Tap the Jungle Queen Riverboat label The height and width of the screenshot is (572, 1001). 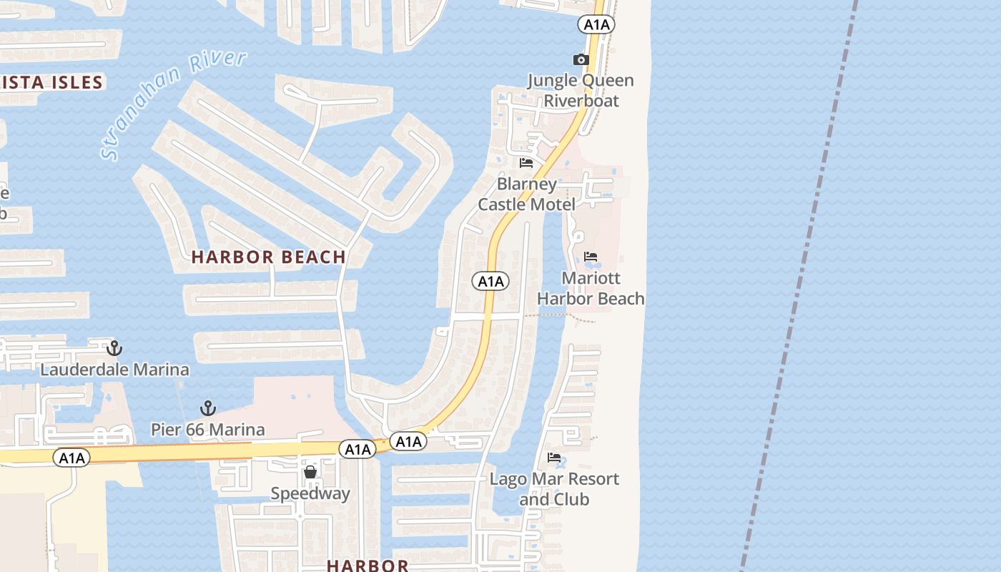tap(581, 90)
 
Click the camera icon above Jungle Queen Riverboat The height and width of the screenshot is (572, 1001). tap(581, 59)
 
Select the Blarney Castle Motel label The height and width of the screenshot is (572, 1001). tap(527, 194)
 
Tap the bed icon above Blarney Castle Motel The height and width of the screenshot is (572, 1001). tap(526, 163)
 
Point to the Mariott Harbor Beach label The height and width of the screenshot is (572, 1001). tap(591, 288)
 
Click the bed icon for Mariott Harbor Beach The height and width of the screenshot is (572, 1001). tap(591, 257)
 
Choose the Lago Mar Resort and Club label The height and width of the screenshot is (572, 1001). tap(554, 489)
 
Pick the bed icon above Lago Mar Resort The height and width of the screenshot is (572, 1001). tap(554, 458)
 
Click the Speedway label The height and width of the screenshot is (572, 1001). tap(310, 493)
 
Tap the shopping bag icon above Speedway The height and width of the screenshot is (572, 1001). tap(310, 472)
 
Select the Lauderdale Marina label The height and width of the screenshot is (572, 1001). tap(114, 370)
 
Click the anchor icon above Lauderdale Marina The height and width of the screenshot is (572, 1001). tap(114, 348)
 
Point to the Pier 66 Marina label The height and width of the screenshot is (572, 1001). tap(208, 430)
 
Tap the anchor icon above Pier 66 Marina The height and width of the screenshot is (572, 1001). tap(208, 408)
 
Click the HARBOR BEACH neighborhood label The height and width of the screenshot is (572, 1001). tap(269, 257)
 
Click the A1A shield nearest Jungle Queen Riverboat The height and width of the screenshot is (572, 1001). tap(596, 25)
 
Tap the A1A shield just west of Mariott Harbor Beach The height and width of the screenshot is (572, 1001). tap(490, 282)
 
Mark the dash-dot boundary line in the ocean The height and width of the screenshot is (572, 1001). tap(801, 286)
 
